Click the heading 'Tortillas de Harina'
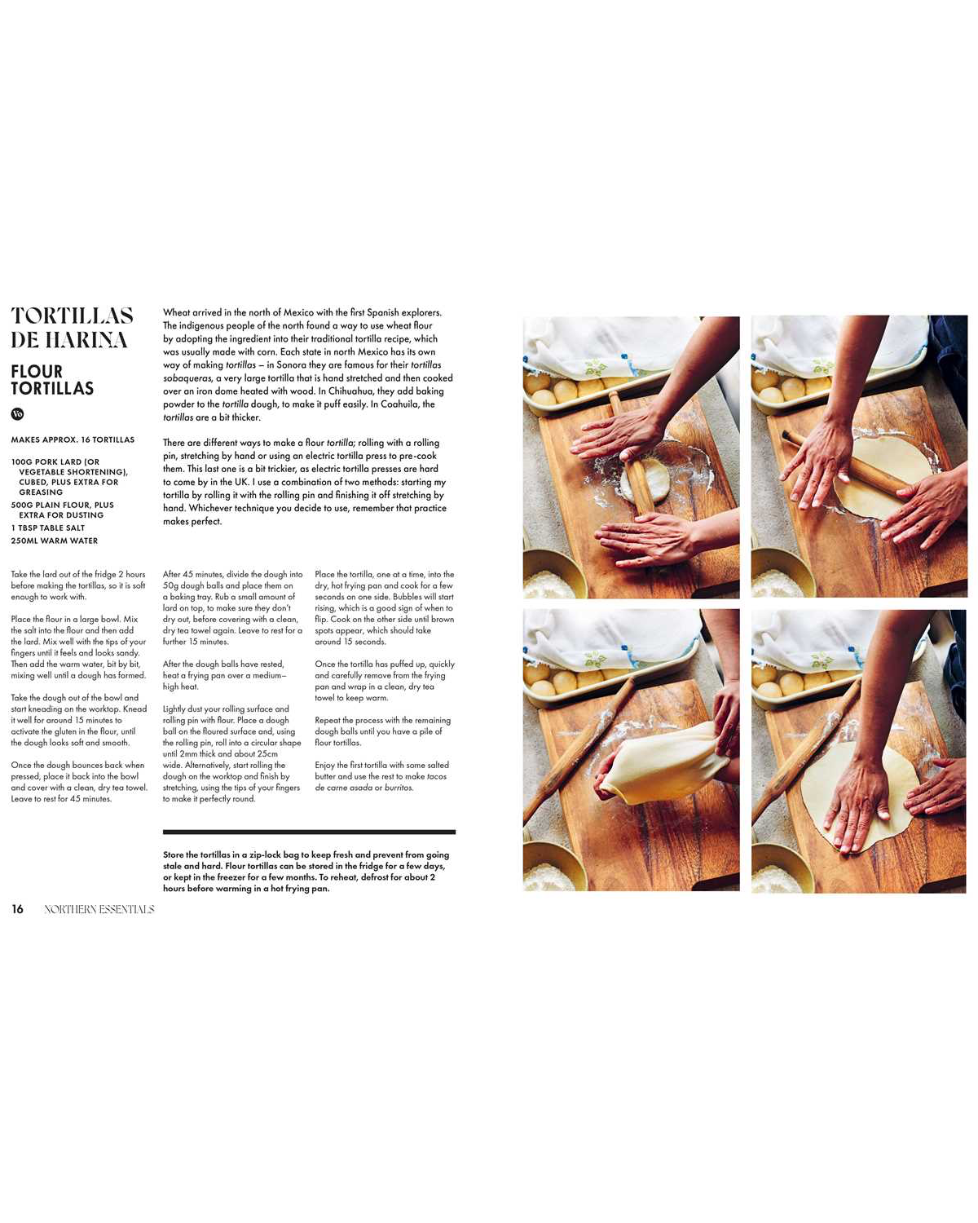pyautogui.click(x=72, y=328)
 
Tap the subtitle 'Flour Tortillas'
pyautogui.click(x=52, y=380)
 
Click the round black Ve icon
pyautogui.click(x=17, y=414)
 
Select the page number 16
pyautogui.click(x=17, y=909)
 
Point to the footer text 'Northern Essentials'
pyautogui.click(x=99, y=909)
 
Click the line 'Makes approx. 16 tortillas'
pyautogui.click(x=73, y=440)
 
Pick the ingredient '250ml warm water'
pyautogui.click(x=54, y=541)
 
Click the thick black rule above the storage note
pyautogui.click(x=309, y=832)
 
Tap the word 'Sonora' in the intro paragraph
pyautogui.click(x=291, y=365)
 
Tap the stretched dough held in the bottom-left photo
pyautogui.click(x=660, y=762)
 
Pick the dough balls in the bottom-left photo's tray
pyautogui.click(x=570, y=681)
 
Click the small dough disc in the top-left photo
pyautogui.click(x=644, y=481)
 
